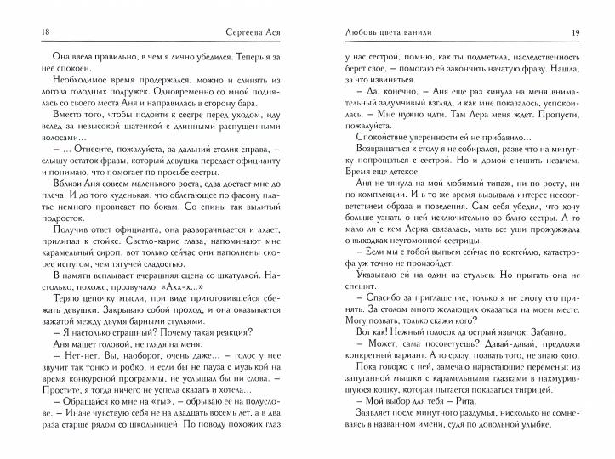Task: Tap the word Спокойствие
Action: [x=368, y=136]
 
